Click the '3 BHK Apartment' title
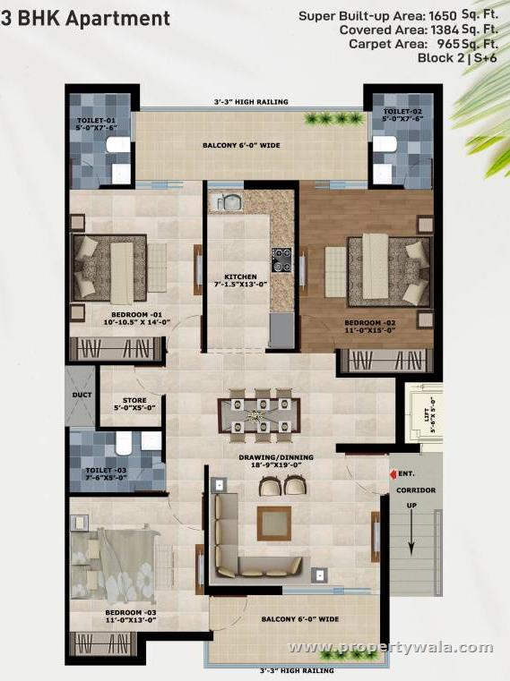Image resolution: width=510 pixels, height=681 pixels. click(87, 18)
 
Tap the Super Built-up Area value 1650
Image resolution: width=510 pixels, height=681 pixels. click(445, 16)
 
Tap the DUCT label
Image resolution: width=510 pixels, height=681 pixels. click(77, 395)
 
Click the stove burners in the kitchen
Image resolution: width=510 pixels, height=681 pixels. click(283, 259)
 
